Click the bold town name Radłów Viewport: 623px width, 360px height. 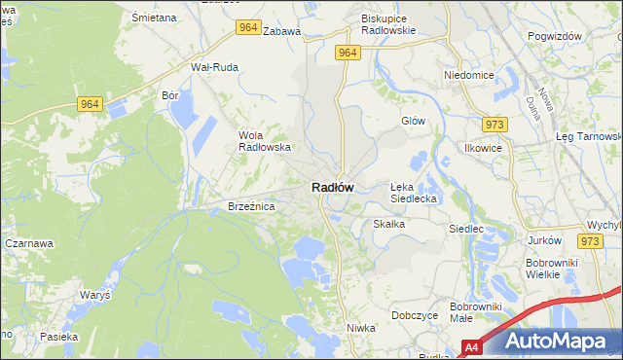[332, 187]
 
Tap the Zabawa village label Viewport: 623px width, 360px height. [281, 31]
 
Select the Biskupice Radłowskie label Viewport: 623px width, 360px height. [388, 24]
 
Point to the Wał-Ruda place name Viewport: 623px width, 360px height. [214, 67]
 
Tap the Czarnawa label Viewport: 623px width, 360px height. [28, 243]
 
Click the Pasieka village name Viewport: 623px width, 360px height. [58, 336]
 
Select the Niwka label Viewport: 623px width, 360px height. [360, 328]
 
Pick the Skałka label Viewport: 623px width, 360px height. [388, 224]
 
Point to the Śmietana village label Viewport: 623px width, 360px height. [154, 18]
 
